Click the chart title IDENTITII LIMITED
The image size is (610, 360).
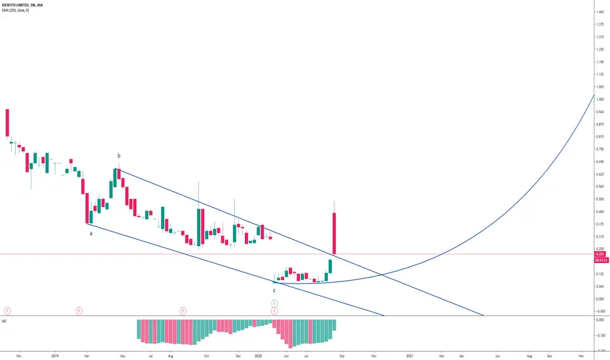coord(20,5)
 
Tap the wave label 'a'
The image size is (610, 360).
coord(91,232)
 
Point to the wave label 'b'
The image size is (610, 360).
coord(118,156)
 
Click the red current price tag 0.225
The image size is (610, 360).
coord(600,255)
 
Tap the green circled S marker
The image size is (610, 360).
coord(274,302)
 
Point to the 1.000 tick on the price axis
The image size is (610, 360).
coord(599,99)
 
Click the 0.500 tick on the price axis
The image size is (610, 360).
coord(599,199)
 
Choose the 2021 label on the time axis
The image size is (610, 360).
coord(410,355)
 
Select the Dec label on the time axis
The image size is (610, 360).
coord(238,355)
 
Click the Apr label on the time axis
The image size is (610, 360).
coord(461,355)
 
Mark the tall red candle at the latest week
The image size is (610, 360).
coord(334,232)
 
